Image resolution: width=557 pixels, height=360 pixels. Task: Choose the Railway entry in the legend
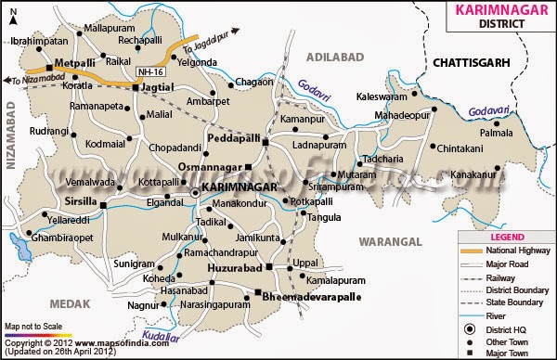pos(507,278)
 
